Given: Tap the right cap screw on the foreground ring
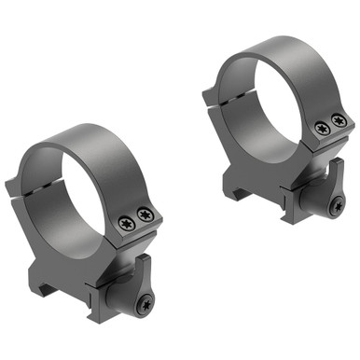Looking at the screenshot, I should coord(144,216).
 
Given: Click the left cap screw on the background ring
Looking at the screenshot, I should coord(321,129).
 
